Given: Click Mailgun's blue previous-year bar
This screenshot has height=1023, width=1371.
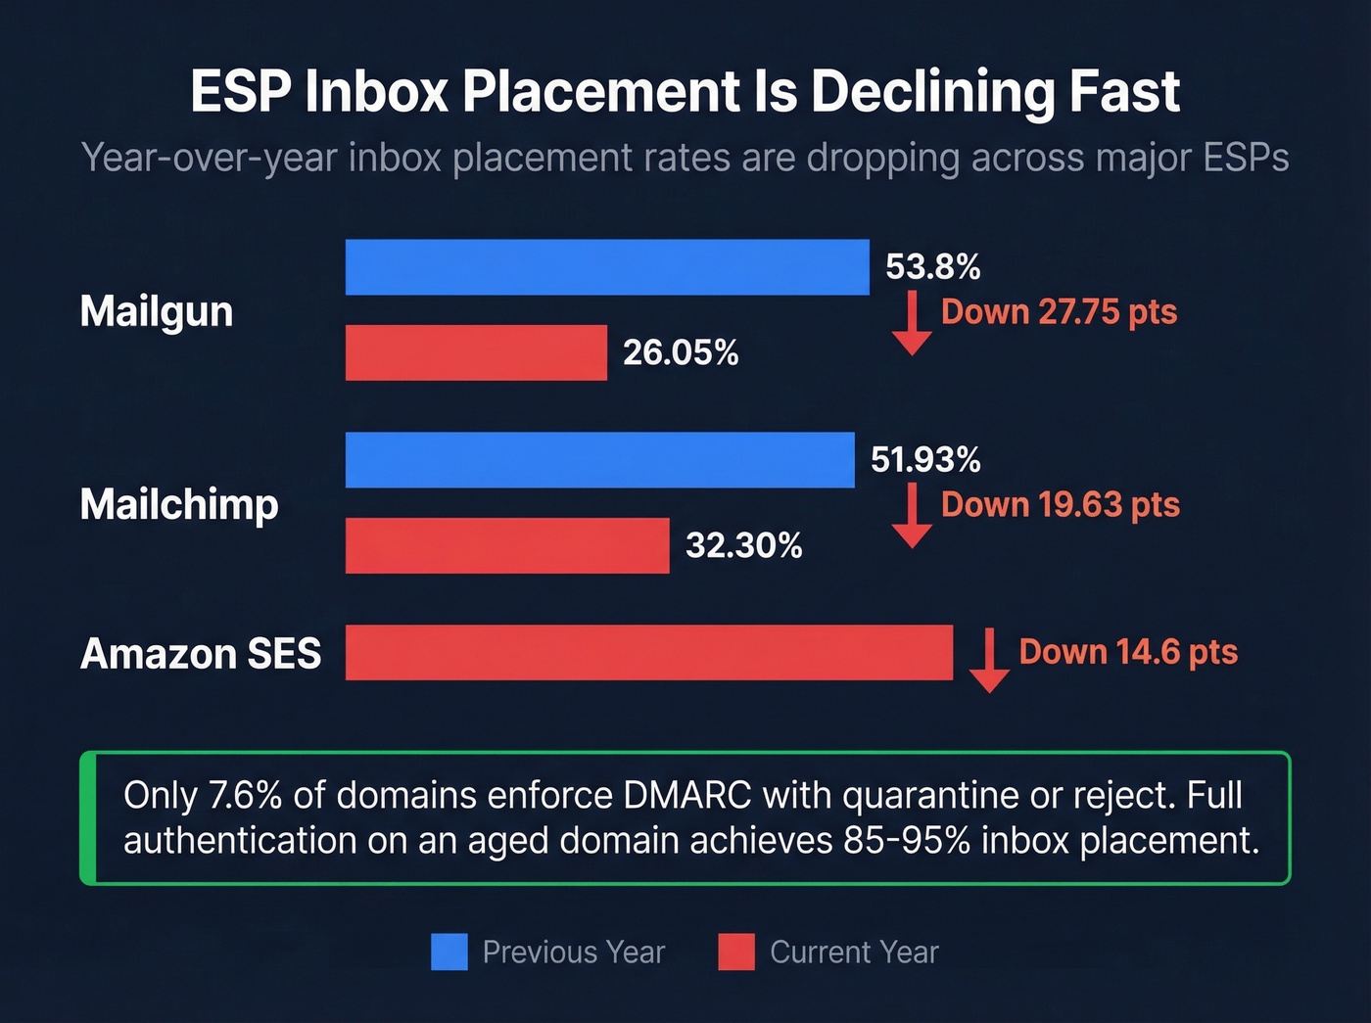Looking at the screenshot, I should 607,267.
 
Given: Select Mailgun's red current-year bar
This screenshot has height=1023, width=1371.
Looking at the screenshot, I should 476,352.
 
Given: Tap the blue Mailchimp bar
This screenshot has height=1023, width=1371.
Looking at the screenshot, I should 599,460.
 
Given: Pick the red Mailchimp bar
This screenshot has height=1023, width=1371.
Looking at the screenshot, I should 507,545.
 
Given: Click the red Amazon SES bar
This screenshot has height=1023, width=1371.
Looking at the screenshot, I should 648,652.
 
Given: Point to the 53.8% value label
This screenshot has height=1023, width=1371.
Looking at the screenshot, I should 932,267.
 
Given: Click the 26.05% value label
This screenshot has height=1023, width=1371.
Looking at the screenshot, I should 681,352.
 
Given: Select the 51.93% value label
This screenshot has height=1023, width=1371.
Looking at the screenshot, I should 925,460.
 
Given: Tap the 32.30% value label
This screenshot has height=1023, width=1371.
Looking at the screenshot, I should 743,545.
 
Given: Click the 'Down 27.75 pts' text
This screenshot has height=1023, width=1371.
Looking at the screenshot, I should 1059,312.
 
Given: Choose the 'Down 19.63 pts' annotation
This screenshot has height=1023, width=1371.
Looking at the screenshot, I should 1060,505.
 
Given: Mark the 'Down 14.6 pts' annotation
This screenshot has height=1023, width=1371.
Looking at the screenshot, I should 1128,652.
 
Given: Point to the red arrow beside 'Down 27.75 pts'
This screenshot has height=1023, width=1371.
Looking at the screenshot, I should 912,322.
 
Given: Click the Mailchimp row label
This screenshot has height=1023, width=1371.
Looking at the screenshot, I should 179,505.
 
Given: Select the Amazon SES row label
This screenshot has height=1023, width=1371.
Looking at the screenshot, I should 201,654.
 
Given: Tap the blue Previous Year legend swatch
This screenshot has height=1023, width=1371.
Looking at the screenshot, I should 449,952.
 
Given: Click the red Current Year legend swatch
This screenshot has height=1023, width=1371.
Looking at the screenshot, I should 736,952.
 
